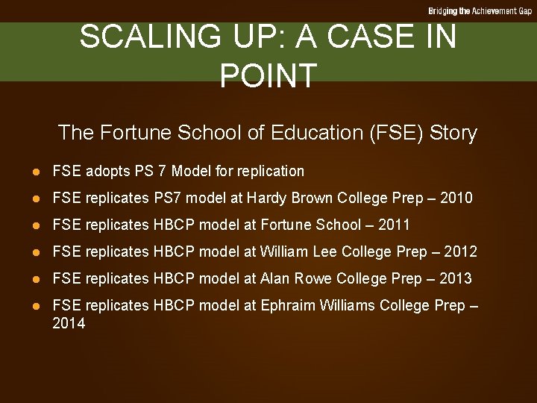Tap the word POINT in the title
tap(268, 75)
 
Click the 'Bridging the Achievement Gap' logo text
tap(480, 11)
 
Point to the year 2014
tap(69, 323)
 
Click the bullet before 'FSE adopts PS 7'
tap(34, 172)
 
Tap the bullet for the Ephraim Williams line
tap(34, 306)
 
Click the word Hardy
tap(268, 198)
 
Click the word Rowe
tap(314, 278)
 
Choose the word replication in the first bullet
tap(270, 172)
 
